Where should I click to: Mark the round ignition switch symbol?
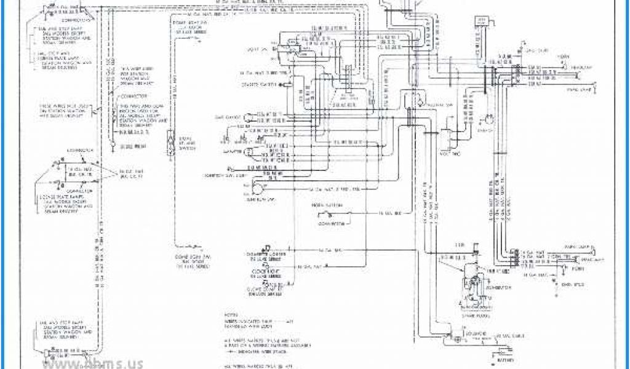(x=257, y=188)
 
